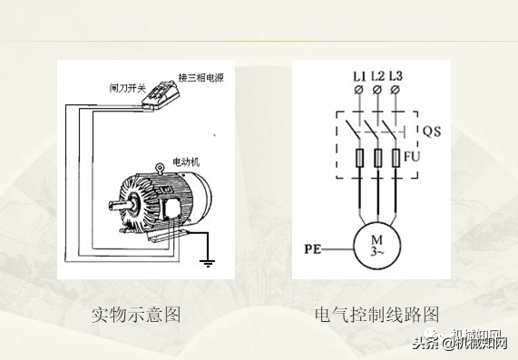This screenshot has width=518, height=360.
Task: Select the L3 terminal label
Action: [396, 75]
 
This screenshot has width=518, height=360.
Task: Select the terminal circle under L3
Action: [396, 91]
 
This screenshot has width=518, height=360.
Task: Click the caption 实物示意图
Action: [137, 315]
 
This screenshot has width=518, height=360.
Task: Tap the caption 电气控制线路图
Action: [376, 315]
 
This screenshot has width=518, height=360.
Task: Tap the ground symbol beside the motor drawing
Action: [207, 262]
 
